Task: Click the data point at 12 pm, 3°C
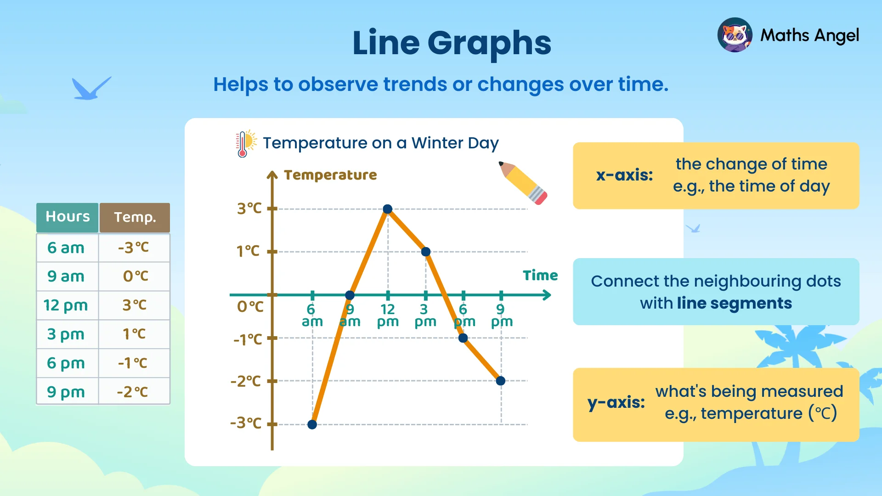387,209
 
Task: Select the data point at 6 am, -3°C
312,424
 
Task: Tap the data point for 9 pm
501,381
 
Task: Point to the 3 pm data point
426,252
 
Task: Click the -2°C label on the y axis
246,381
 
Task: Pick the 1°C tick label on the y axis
248,251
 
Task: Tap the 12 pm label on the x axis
388,316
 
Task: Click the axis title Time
540,276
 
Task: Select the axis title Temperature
330,175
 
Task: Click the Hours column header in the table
68,217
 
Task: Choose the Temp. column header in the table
135,217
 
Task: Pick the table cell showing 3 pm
66,334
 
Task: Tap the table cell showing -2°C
133,392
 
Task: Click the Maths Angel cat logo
735,35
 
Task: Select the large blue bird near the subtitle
90,89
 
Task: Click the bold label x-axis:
624,175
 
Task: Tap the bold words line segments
734,303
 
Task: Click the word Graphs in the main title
489,43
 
